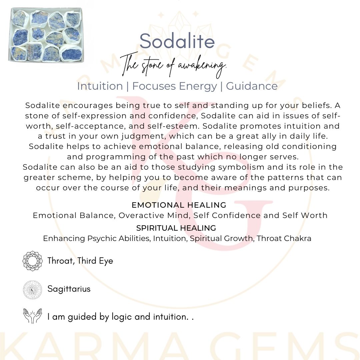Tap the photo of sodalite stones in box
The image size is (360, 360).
(46, 35)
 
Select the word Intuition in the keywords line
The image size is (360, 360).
(100, 86)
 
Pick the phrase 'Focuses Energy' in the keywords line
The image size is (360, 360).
(175, 86)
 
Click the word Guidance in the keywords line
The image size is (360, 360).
(252, 86)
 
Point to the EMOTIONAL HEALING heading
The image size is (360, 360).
(179, 205)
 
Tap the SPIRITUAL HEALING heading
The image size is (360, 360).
(176, 228)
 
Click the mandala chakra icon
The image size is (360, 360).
(32, 261)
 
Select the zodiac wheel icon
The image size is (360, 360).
(32, 289)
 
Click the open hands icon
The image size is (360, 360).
(32, 316)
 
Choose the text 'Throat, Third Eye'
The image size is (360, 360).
(80, 261)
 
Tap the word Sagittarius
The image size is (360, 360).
(69, 289)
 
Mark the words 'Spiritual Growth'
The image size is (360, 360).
(221, 239)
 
